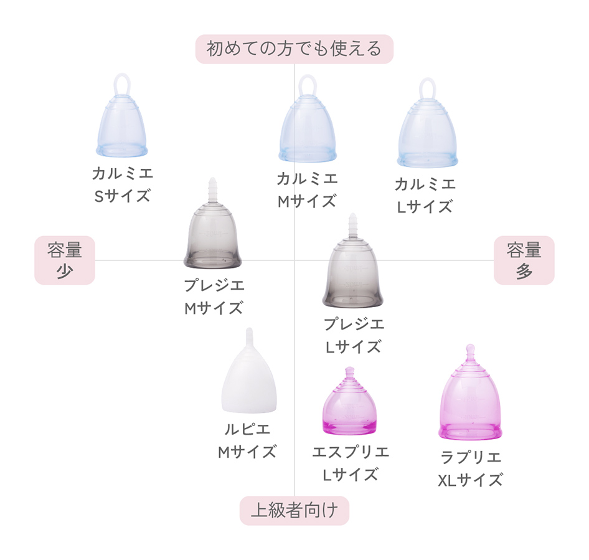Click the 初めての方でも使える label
(x=294, y=49)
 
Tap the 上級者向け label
(x=294, y=511)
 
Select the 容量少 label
(x=65, y=260)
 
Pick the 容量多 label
(x=524, y=260)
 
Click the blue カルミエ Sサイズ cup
(x=123, y=128)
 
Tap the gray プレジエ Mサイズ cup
(x=212, y=237)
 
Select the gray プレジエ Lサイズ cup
(x=352, y=274)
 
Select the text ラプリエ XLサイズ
(x=471, y=468)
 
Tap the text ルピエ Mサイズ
(x=247, y=440)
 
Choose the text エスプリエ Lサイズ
(x=351, y=463)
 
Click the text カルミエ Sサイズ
(x=123, y=184)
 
